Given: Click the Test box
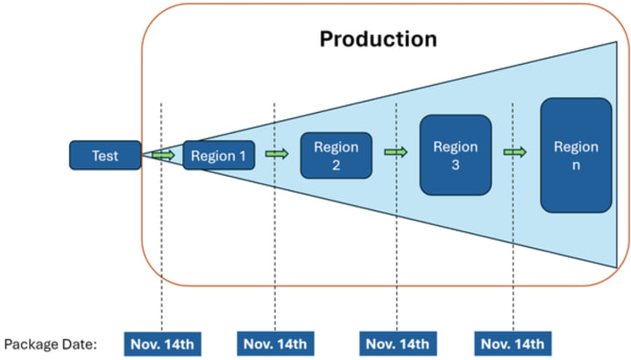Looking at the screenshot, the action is tap(105, 155).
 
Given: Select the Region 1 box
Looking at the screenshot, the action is tap(218, 155).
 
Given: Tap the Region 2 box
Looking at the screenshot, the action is tap(336, 155).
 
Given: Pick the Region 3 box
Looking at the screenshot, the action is tap(456, 155).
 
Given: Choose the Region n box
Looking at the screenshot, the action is tap(577, 155).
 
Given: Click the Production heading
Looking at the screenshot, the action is tap(379, 39).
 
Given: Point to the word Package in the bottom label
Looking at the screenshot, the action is tap(31, 345).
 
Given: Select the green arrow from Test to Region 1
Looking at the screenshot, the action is tap(164, 155).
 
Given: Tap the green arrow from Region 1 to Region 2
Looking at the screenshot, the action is tap(277, 153).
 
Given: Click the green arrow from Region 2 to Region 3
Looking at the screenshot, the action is tap(396, 152).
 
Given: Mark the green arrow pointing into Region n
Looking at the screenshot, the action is tap(514, 152).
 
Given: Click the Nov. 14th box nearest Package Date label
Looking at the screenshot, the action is tap(163, 344).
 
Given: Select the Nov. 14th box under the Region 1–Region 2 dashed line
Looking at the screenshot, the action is tap(276, 344).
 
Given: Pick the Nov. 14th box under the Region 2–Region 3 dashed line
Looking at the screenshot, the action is tap(398, 344).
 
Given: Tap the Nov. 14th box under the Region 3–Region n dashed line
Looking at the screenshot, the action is tap(513, 344).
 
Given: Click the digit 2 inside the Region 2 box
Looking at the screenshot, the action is tap(336, 165).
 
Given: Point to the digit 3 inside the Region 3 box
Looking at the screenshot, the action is tap(456, 165).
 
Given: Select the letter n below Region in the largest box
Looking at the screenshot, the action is tap(577, 166).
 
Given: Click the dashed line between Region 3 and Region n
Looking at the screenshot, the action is tap(513, 217).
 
